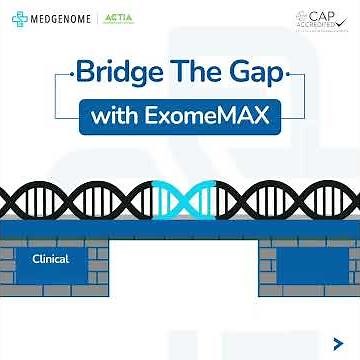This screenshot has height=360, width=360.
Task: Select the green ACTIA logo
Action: click(119, 17)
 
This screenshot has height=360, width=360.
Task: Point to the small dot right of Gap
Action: click(289, 75)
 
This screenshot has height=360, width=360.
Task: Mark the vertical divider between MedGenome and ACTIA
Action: click(98, 18)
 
